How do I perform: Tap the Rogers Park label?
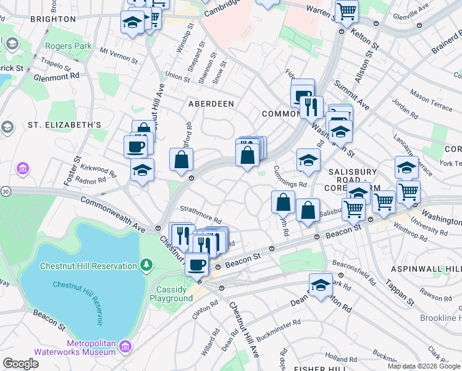pyautogui.click(x=68, y=46)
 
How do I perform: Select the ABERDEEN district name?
pyautogui.click(x=211, y=104)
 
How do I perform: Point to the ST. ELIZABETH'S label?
pyautogui.click(x=64, y=125)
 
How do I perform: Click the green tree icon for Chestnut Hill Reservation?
pyautogui.click(x=146, y=266)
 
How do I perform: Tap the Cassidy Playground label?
pyautogui.click(x=171, y=294)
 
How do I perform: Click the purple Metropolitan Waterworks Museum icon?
pyautogui.click(x=126, y=346)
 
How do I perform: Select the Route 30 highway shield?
pyautogui.click(x=4, y=192)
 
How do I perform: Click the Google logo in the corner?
pyautogui.click(x=20, y=364)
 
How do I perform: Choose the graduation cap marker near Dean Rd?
pyautogui.click(x=321, y=286)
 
